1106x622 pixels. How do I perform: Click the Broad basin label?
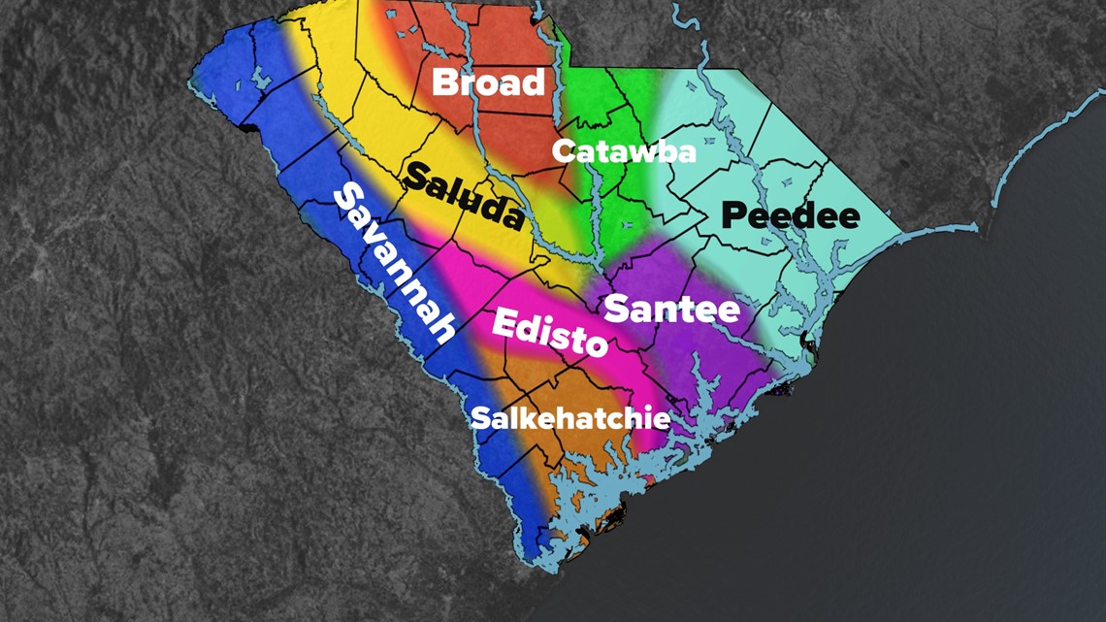click(488, 82)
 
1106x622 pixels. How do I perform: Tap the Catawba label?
click(624, 151)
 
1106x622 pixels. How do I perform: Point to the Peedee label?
click(792, 214)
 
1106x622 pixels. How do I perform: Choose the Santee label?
click(671, 311)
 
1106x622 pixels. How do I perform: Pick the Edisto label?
click(549, 332)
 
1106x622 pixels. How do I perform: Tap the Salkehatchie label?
click(569, 418)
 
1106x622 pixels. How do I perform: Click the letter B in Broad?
click(445, 82)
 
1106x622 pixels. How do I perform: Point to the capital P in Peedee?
click(735, 214)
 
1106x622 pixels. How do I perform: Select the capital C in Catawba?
click(564, 151)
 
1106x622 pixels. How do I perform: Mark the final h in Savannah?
click(441, 330)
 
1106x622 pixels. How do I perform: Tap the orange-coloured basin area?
click(572, 388)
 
